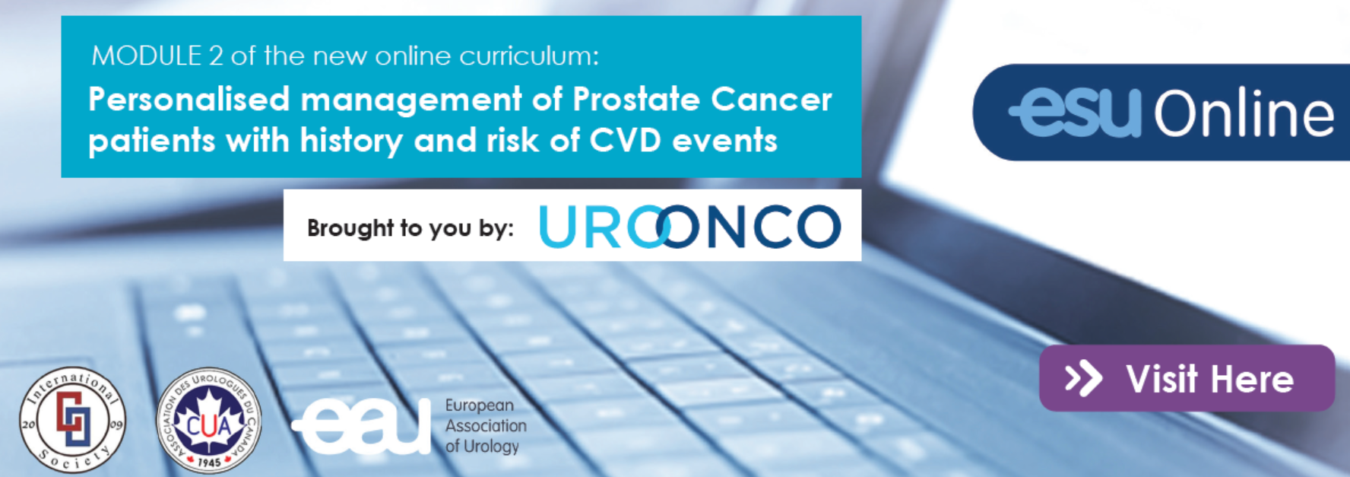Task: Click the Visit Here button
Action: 1187,378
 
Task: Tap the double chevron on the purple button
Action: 1083,379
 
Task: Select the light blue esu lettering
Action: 1076,113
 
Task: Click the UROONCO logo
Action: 690,227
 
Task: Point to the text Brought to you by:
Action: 410,228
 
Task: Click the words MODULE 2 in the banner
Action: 147,56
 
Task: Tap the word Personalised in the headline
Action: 189,100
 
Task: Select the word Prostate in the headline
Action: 636,100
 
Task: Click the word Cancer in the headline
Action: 772,100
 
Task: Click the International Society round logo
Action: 73,420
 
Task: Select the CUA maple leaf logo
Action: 209,421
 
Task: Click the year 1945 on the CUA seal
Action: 209,462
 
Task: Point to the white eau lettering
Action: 361,425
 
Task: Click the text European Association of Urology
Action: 486,426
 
